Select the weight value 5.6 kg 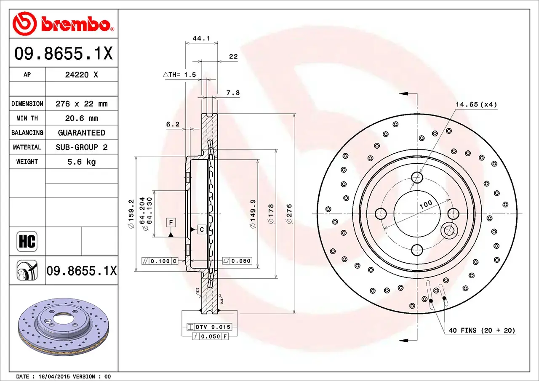(x=82, y=162)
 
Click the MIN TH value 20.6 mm (x=82, y=118)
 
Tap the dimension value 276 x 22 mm (x=82, y=104)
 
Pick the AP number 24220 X (x=82, y=75)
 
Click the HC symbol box (x=27, y=242)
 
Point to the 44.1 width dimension (x=201, y=38)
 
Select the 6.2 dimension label (x=173, y=124)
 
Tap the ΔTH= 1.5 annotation (x=180, y=75)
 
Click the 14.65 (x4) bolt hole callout (x=476, y=104)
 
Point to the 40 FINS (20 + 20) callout (x=482, y=330)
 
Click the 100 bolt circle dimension (x=426, y=204)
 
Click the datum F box (x=171, y=222)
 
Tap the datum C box (x=202, y=229)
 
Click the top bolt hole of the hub (x=417, y=177)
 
